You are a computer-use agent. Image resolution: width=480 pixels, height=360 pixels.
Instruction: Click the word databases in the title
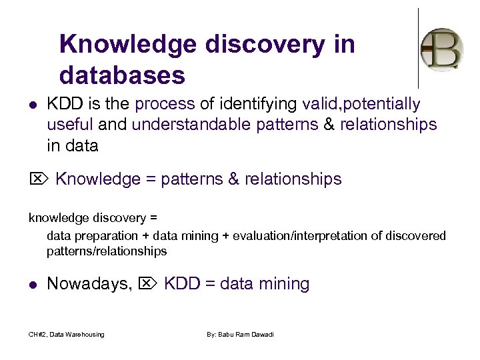tap(122, 75)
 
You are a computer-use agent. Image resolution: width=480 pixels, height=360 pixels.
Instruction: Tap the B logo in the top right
tap(442, 49)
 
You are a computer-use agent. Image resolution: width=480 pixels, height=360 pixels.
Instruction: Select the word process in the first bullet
tap(164, 105)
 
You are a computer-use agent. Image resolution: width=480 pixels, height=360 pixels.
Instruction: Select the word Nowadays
tap(89, 285)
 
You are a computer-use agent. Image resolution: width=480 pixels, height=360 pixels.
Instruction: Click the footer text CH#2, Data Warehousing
tap(66, 334)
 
